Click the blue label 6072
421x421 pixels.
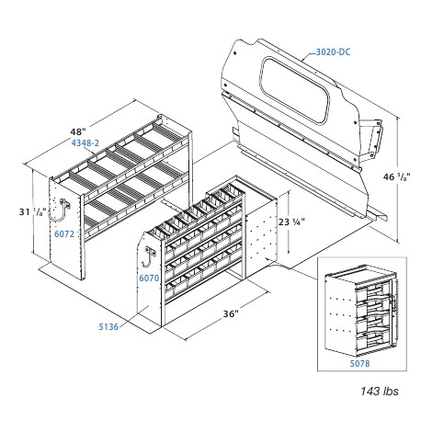coord(63,234)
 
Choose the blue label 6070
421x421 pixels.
coord(148,276)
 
